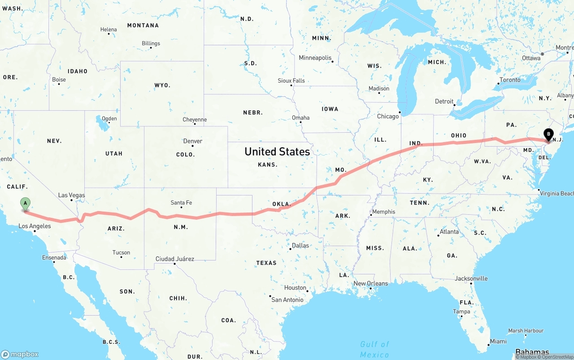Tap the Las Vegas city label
[x=71, y=195]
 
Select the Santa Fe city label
[x=181, y=203]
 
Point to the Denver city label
[x=193, y=141]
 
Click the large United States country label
[x=277, y=152]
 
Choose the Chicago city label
[x=388, y=116]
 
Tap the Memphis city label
[x=383, y=212]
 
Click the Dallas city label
[x=300, y=245]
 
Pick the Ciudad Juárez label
[x=175, y=259]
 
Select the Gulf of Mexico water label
[x=374, y=349]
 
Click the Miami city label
[x=498, y=341]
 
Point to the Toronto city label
[x=510, y=80]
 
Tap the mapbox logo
[x=20, y=354]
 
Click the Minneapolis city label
[x=315, y=58]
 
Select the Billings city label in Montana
[x=151, y=43]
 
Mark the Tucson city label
[x=121, y=252]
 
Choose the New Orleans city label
[x=371, y=283]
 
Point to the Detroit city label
[x=444, y=101]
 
